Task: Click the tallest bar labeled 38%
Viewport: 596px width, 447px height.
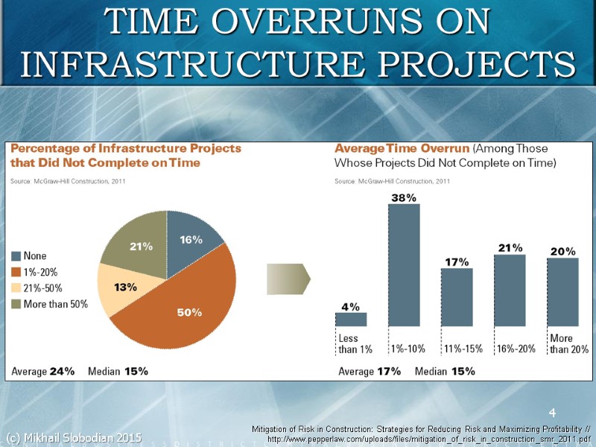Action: pyautogui.click(x=404, y=265)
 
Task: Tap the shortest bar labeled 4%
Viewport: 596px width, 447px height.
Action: pyautogui.click(x=351, y=320)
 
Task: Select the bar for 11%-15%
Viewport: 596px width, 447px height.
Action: pyautogui.click(x=457, y=297)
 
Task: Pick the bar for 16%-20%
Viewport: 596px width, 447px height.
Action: pyautogui.click(x=510, y=291)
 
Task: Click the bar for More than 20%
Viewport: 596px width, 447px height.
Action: pyautogui.click(x=562, y=292)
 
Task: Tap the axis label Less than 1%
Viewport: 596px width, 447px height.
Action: pyautogui.click(x=354, y=344)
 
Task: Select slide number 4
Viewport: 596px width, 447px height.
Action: pyautogui.click(x=552, y=413)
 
